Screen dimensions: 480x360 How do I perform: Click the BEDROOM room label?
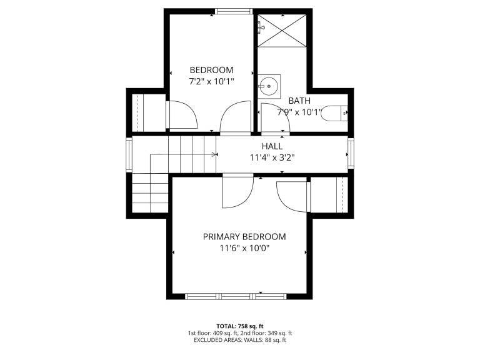click(x=211, y=70)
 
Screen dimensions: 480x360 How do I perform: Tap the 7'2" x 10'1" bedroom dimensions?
click(x=211, y=82)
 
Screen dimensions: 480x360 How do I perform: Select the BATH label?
click(x=299, y=101)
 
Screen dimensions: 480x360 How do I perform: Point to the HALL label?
click(x=272, y=146)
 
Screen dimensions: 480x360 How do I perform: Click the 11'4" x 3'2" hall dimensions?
click(x=272, y=158)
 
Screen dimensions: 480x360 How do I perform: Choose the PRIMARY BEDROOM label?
click(x=244, y=237)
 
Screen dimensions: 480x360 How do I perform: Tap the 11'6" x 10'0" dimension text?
click(x=244, y=248)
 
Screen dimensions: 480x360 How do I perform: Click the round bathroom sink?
click(x=269, y=86)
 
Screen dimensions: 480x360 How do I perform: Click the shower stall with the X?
click(x=282, y=31)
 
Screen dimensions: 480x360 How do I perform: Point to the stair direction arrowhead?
click(x=214, y=154)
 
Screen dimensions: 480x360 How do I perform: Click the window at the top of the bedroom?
click(x=234, y=12)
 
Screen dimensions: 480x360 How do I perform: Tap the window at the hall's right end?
click(x=351, y=153)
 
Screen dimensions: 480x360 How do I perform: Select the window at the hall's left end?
click(x=129, y=154)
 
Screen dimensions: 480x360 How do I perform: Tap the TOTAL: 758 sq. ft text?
click(x=240, y=326)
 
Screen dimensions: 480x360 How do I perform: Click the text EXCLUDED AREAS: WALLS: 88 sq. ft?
click(x=240, y=340)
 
